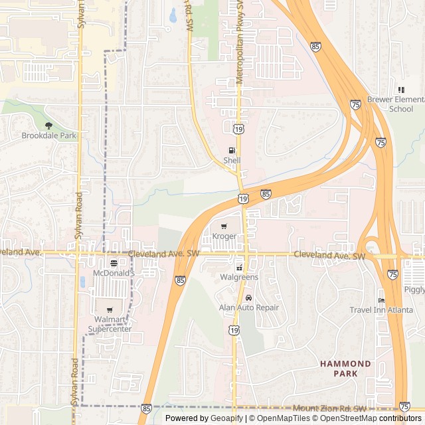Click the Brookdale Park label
[49, 135]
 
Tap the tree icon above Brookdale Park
[48, 125]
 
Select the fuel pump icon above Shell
[232, 151]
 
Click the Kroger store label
[224, 236]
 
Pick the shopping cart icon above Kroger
[223, 226]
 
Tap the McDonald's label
[114, 273]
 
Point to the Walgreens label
[239, 277]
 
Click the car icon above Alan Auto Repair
[248, 297]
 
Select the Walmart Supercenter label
[110, 324]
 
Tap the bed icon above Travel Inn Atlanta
[381, 299]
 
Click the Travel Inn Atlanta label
[381, 309]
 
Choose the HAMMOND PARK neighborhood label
[345, 369]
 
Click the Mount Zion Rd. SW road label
[329, 408]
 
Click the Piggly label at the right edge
[414, 290]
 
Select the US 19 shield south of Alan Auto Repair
[234, 330]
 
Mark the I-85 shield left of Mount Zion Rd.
[146, 408]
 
